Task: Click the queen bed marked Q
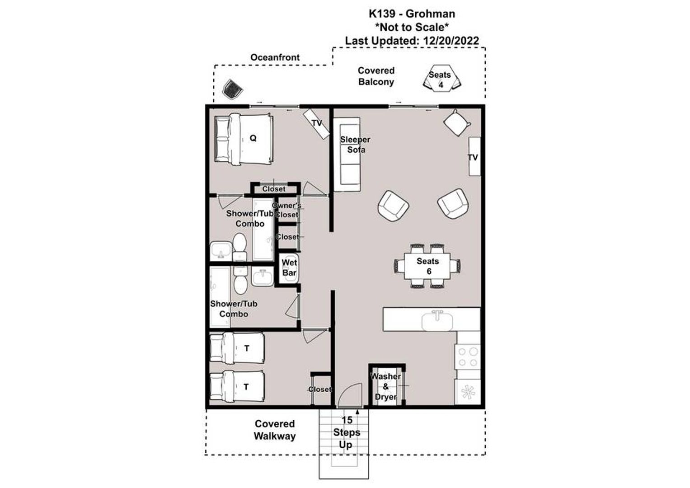pyautogui.click(x=244, y=138)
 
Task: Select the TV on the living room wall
pyautogui.click(x=474, y=156)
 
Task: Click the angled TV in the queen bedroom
pyautogui.click(x=316, y=123)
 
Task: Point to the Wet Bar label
pyautogui.click(x=289, y=267)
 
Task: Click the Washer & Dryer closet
pyautogui.click(x=386, y=386)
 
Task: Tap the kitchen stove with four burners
pyautogui.click(x=468, y=357)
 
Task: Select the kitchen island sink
pyautogui.click(x=437, y=321)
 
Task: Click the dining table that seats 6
pyautogui.click(x=427, y=266)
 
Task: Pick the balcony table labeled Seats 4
pyautogui.click(x=440, y=79)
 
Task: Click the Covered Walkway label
pyautogui.click(x=274, y=430)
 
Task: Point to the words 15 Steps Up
pyautogui.click(x=346, y=432)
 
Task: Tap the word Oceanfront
pyautogui.click(x=275, y=57)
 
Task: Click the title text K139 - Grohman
pyautogui.click(x=412, y=14)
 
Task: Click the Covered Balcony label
pyautogui.click(x=376, y=76)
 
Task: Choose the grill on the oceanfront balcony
pyautogui.click(x=233, y=89)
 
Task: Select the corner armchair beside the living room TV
pyautogui.click(x=456, y=122)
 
